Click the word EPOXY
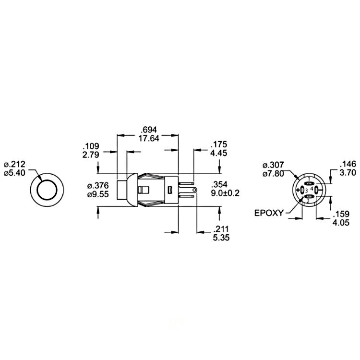pyautogui.click(x=269, y=213)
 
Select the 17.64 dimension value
pyautogui.click(x=149, y=138)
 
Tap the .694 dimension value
pyautogui.click(x=149, y=130)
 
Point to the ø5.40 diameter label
pyautogui.click(x=14, y=173)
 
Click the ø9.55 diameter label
pyautogui.click(x=98, y=194)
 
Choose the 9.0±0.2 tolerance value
pyautogui.click(x=225, y=193)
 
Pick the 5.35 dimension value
pyautogui.click(x=221, y=238)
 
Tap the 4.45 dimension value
pyautogui.click(x=218, y=153)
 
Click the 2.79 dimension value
pyautogui.click(x=91, y=155)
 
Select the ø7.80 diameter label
pyautogui.click(x=273, y=174)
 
